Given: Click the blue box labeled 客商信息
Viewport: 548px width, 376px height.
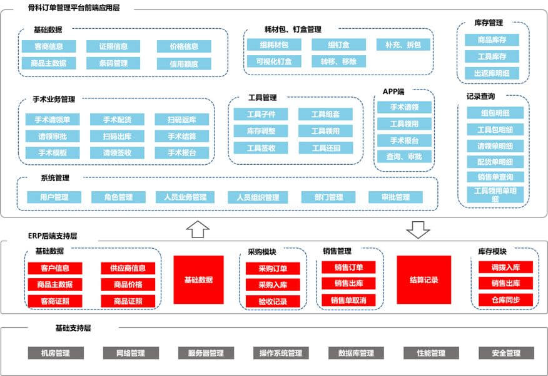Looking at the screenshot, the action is [49, 46].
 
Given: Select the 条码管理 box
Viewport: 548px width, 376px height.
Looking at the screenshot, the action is [113, 63].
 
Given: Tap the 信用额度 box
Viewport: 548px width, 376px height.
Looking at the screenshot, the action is [184, 64].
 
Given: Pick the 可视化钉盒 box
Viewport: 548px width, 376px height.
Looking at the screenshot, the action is [274, 61].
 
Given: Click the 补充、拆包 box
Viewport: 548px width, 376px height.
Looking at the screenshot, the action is [403, 45].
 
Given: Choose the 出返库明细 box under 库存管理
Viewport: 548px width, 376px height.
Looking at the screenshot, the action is [492, 73].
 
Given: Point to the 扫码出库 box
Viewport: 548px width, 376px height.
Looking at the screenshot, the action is [117, 136].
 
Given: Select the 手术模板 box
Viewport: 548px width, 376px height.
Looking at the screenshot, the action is [53, 153].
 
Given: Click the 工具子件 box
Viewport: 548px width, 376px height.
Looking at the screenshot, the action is [261, 114].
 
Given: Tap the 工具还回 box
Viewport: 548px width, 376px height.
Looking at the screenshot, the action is [326, 148].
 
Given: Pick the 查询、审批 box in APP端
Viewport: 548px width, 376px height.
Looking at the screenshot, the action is [404, 157].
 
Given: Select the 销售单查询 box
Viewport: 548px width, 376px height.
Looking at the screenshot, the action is [495, 177].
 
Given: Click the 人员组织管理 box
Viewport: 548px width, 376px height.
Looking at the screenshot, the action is [258, 197].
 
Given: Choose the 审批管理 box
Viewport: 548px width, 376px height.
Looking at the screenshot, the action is [395, 197].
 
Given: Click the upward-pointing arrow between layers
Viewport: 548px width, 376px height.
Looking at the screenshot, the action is [198, 229].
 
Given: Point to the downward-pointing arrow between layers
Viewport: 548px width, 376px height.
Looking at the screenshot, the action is [418, 229].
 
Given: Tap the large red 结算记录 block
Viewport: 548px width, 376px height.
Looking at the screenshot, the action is [424, 279].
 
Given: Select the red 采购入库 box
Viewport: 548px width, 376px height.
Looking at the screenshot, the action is [273, 285].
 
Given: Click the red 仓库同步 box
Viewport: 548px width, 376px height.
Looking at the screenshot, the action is [505, 300].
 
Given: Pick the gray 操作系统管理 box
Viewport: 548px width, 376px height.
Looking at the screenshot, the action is [281, 353].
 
